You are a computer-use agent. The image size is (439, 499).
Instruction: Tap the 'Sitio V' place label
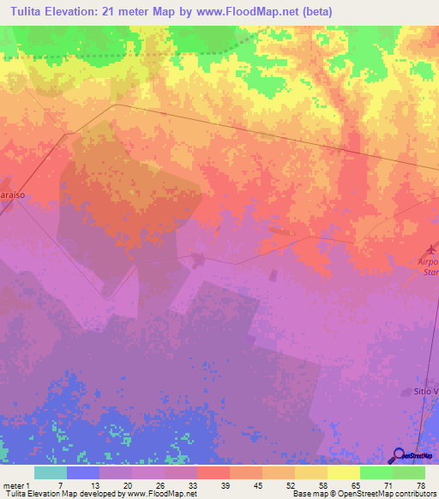[423, 392]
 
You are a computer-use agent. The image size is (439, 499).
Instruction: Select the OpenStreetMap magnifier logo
[398, 456]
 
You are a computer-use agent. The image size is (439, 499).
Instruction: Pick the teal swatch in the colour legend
[50, 472]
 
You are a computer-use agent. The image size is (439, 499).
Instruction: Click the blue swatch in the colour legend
[82, 472]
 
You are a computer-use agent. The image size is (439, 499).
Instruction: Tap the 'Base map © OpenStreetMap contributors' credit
[364, 495]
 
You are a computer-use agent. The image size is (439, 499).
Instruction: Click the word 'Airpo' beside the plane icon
[427, 262]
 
